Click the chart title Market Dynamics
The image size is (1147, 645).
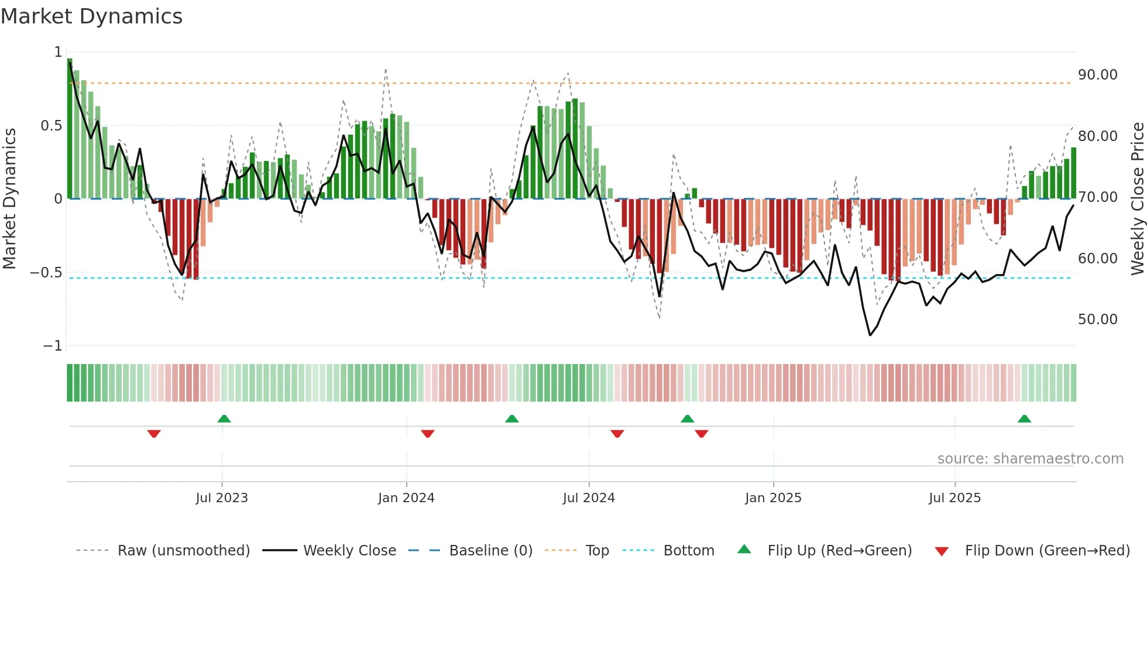(x=91, y=16)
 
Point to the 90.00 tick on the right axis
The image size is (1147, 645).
(x=1097, y=75)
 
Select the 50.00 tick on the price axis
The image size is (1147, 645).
(x=1097, y=320)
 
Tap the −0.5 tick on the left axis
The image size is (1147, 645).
(x=46, y=273)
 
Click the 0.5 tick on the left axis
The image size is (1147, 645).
(x=51, y=126)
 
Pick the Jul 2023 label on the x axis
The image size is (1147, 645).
(x=222, y=498)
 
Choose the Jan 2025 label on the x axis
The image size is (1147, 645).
(x=773, y=498)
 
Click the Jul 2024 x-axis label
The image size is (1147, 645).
(x=589, y=498)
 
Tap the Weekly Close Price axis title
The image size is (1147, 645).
(x=1137, y=199)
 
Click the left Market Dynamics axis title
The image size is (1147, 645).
(x=9, y=199)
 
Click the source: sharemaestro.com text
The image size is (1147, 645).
(x=1030, y=459)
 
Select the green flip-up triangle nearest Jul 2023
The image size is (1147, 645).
(x=224, y=419)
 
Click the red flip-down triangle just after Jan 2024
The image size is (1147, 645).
(x=428, y=434)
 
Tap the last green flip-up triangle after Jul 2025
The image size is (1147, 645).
(x=1024, y=419)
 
